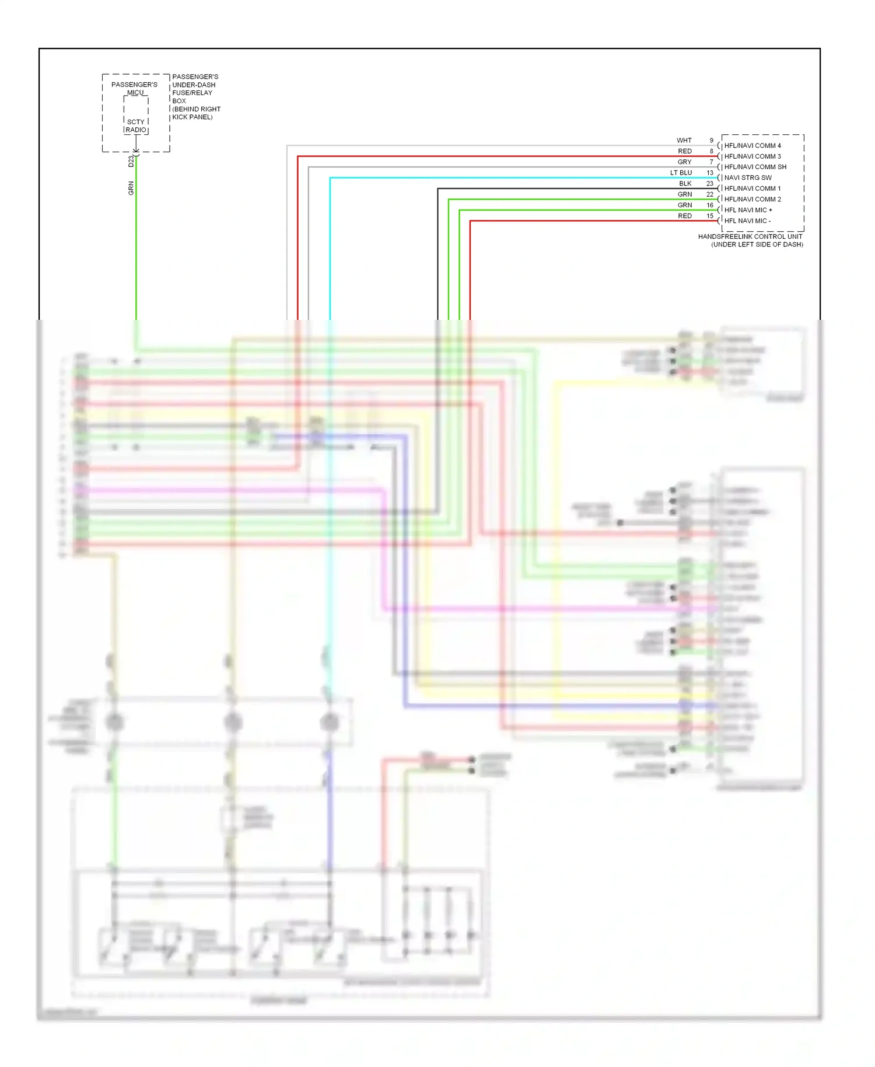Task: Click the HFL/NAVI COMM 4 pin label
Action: point(752,145)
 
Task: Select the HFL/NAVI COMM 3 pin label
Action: point(752,156)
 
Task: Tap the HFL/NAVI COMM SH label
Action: point(755,167)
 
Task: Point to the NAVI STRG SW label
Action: point(747,177)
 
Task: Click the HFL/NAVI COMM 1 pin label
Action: point(752,189)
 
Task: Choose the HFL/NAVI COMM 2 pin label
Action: point(752,199)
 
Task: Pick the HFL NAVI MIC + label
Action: point(748,210)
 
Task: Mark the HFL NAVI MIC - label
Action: point(747,221)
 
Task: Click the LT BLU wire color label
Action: point(681,173)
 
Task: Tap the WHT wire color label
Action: point(684,141)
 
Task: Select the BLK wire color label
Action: point(685,183)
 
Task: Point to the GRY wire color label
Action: point(684,162)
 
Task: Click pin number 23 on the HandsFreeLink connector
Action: point(709,183)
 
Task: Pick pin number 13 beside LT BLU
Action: point(709,173)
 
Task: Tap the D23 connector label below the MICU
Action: point(131,161)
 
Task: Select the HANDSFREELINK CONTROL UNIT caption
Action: point(750,236)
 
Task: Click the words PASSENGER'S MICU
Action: point(134,88)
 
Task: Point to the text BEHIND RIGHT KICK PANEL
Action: point(196,113)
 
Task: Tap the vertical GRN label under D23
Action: point(131,188)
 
